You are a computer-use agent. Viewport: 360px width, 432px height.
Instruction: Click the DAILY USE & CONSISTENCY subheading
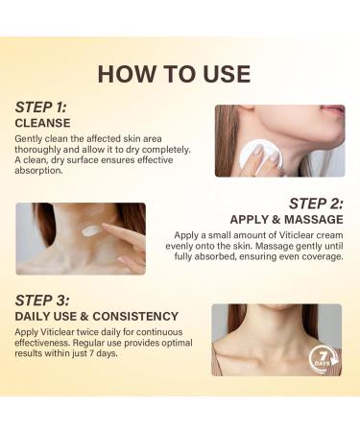pos(96,316)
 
